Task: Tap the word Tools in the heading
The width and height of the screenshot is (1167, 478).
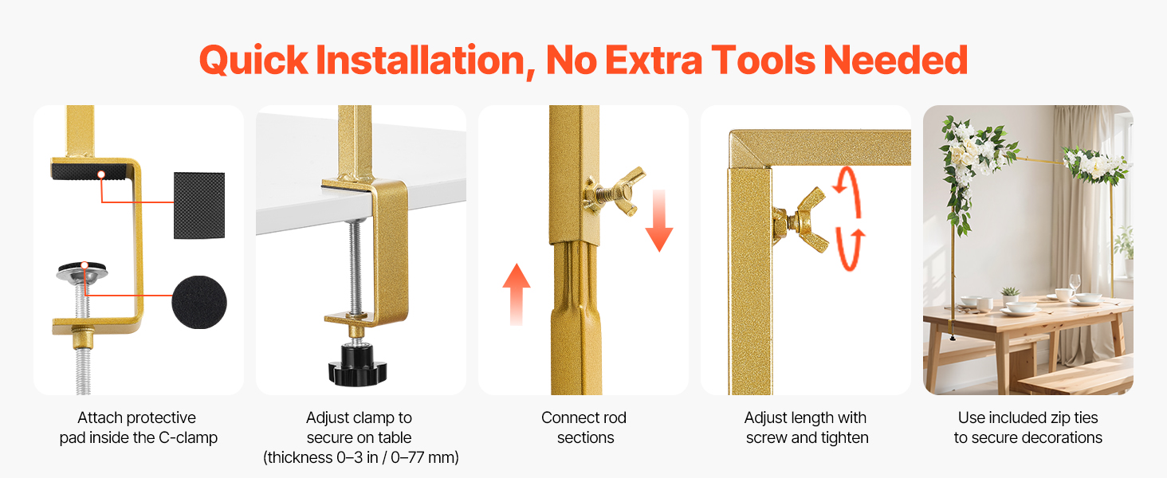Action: point(763,60)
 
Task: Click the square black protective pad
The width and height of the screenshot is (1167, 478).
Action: point(199,206)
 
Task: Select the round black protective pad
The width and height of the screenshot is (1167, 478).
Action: point(199,302)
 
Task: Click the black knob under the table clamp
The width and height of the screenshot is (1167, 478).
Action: point(357,365)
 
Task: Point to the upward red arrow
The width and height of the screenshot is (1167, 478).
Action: point(517,294)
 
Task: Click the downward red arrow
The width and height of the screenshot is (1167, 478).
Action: point(659,221)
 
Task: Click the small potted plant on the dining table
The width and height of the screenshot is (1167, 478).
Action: point(1010,295)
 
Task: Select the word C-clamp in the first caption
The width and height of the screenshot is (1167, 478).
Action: point(188,437)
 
